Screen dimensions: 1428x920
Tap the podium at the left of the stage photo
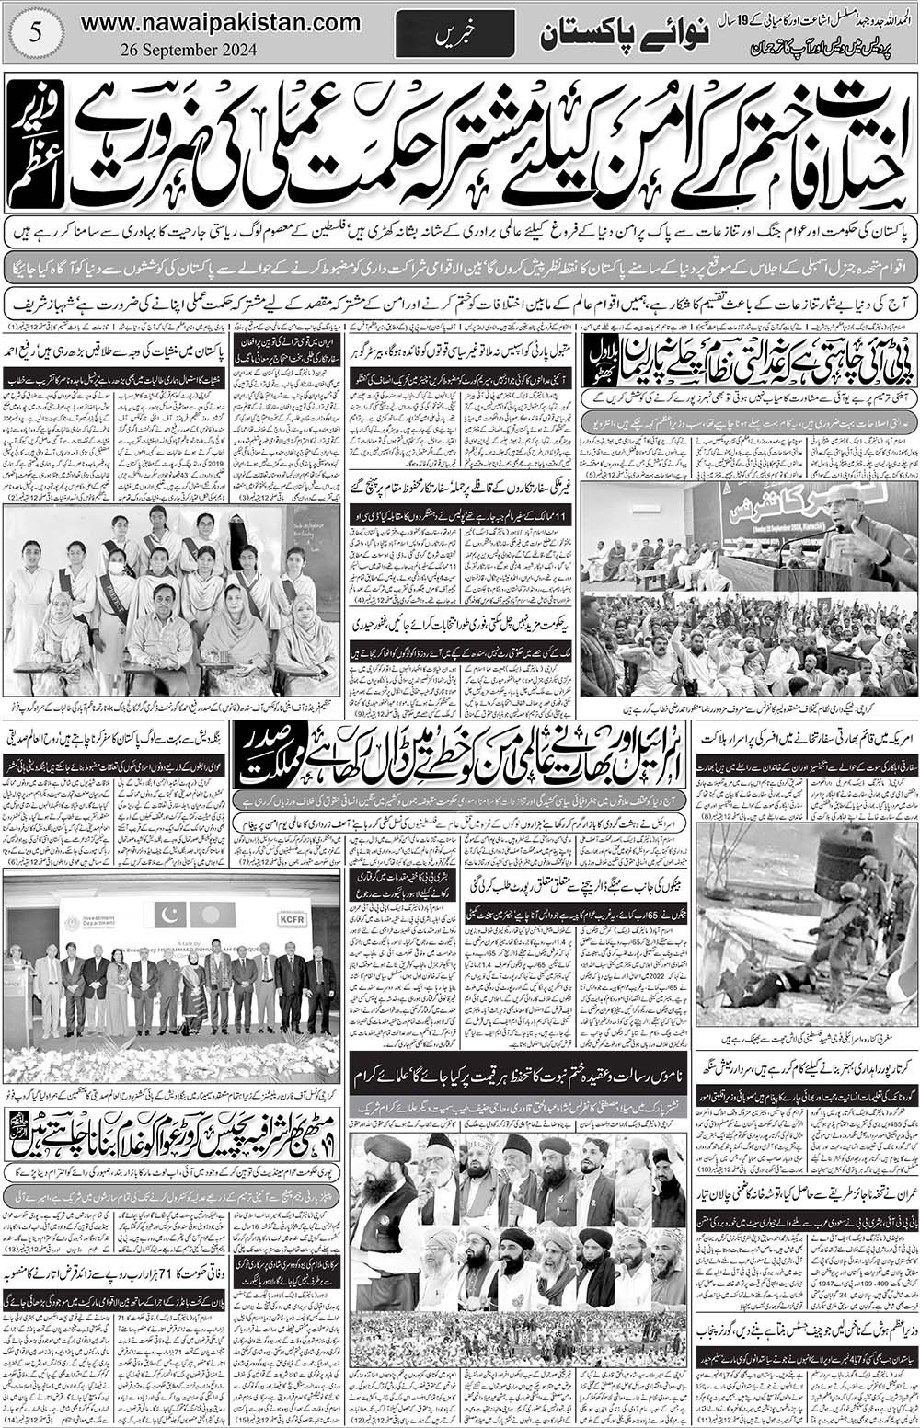tap(17, 993)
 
